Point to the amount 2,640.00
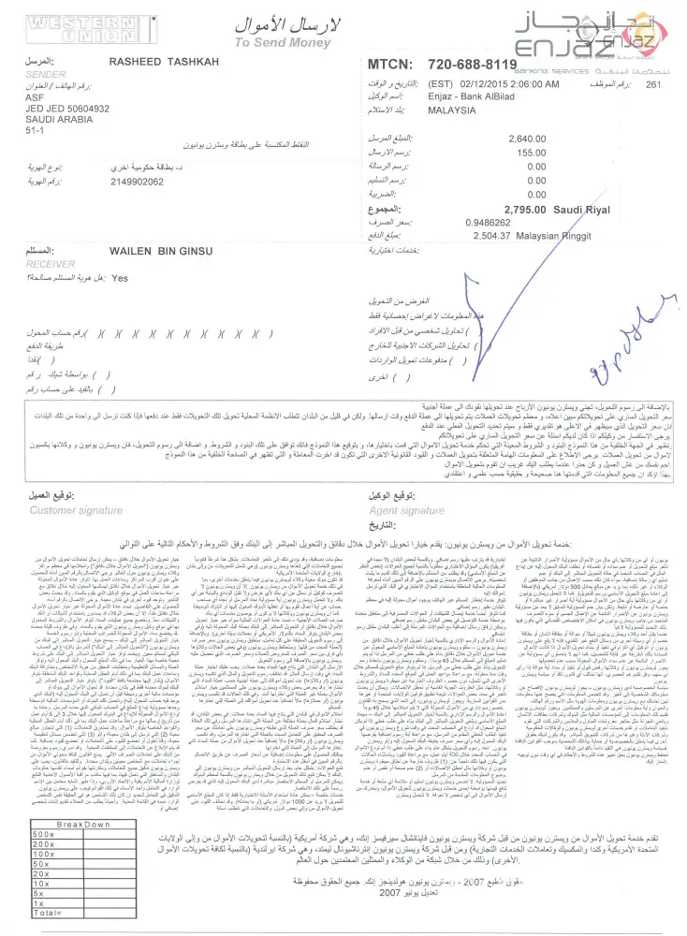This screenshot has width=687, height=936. point(526,139)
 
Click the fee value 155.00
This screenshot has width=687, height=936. point(531,153)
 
